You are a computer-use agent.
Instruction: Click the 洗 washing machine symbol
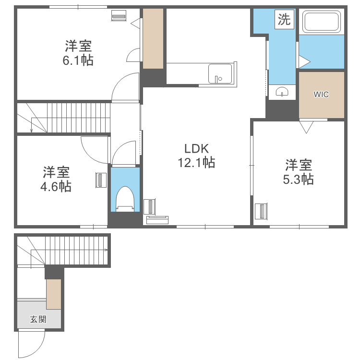[x=284, y=20]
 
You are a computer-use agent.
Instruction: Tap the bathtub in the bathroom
[x=322, y=22]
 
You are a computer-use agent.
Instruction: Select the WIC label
[x=321, y=95]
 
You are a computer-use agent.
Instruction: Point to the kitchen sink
[x=220, y=73]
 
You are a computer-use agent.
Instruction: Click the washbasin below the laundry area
[x=282, y=91]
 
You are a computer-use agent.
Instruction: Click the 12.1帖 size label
[x=196, y=163]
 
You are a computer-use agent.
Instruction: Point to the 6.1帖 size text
[x=79, y=60]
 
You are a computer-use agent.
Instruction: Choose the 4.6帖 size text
[x=56, y=186]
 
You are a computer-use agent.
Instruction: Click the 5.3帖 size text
[x=298, y=180]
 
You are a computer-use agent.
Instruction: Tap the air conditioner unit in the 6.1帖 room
[x=119, y=16]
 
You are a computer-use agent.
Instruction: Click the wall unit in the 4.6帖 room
[x=101, y=180]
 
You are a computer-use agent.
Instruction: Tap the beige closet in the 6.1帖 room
[x=154, y=38]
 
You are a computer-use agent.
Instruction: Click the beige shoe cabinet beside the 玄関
[x=54, y=294]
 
